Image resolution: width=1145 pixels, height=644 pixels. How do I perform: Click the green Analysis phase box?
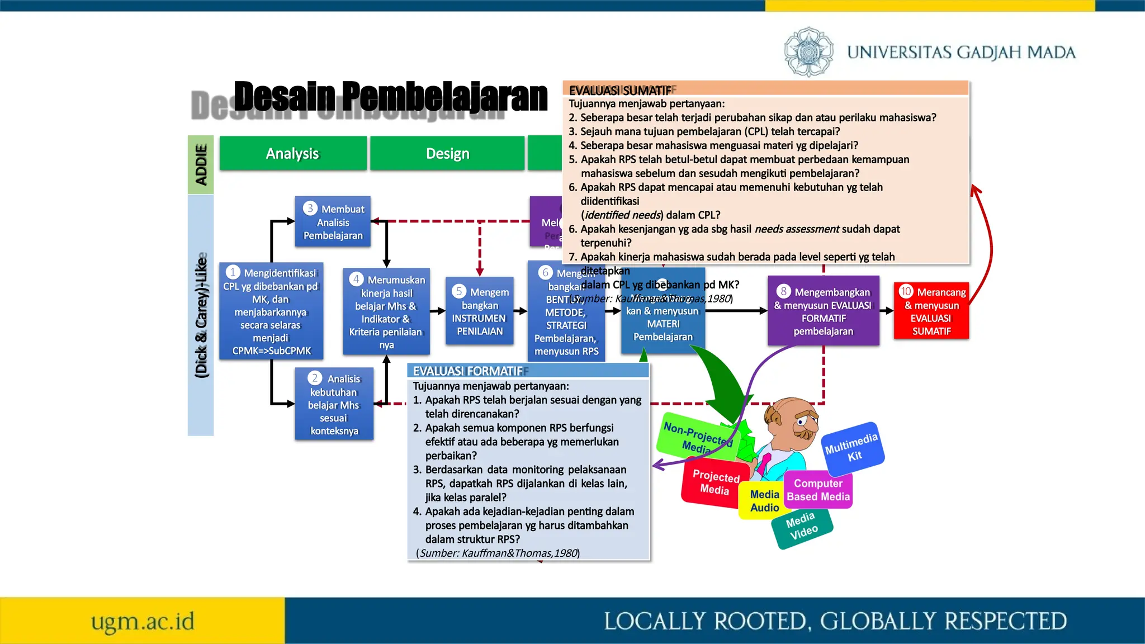click(x=293, y=153)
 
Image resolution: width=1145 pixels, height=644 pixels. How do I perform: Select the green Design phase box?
click(x=447, y=153)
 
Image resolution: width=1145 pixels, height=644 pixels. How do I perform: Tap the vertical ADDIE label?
click(x=201, y=164)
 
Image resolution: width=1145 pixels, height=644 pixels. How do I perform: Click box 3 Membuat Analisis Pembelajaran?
click(x=333, y=221)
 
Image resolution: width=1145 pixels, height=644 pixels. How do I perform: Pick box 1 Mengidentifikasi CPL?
click(x=271, y=311)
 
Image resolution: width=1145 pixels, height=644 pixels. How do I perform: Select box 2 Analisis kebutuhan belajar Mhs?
click(x=334, y=404)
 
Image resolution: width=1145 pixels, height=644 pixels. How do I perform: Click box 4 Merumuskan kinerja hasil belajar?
click(x=386, y=311)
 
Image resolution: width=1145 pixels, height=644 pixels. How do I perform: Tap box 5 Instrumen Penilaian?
click(x=480, y=311)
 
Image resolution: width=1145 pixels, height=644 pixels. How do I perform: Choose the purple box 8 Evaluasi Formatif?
click(x=824, y=311)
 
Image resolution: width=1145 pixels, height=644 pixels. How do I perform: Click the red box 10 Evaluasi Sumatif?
click(x=931, y=311)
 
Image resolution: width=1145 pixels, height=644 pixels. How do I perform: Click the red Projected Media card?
click(x=715, y=482)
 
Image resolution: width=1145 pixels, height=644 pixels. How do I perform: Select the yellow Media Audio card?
click(x=764, y=501)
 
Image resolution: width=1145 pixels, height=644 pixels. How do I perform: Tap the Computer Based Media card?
click(x=818, y=490)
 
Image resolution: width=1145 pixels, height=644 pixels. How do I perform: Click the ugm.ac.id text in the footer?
click(x=143, y=621)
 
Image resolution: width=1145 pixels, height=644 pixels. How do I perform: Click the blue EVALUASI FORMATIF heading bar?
click(x=528, y=371)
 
